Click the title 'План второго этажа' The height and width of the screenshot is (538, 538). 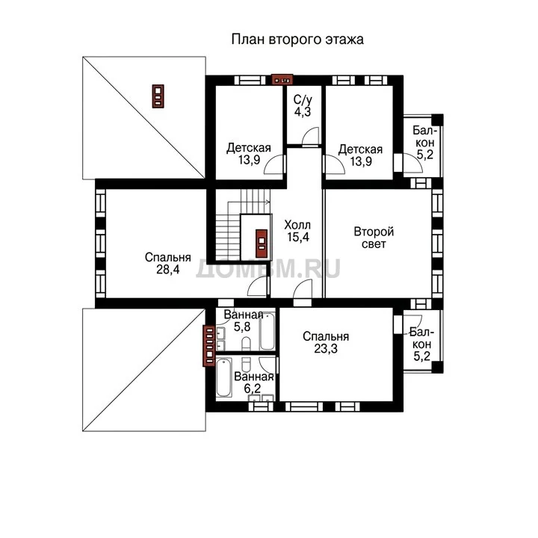coord(297,40)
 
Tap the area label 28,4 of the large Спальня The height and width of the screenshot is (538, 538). coord(168,270)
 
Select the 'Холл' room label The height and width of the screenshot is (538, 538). coord(297,225)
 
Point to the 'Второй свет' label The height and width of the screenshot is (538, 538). coord(374,238)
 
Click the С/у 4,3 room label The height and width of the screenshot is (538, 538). coord(303,105)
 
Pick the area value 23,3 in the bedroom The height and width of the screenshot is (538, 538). coord(326,349)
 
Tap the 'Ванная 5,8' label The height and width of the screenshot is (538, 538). coord(244,321)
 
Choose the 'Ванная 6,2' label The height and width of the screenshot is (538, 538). coord(253,383)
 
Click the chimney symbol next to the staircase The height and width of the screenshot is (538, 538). coord(262,244)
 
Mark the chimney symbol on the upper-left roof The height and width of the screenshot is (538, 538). coord(158,96)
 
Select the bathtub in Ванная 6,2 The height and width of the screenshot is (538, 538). coord(224,378)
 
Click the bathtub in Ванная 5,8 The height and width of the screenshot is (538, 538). coord(268,332)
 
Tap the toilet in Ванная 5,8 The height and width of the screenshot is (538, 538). coord(246,344)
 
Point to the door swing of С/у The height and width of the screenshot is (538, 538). coord(310,137)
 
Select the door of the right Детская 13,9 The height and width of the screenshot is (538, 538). coord(334,164)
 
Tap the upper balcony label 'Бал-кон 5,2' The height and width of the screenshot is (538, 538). coord(424,143)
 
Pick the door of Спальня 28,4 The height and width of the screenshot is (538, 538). coord(257,286)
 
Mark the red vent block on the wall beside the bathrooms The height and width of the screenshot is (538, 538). coord(209,345)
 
